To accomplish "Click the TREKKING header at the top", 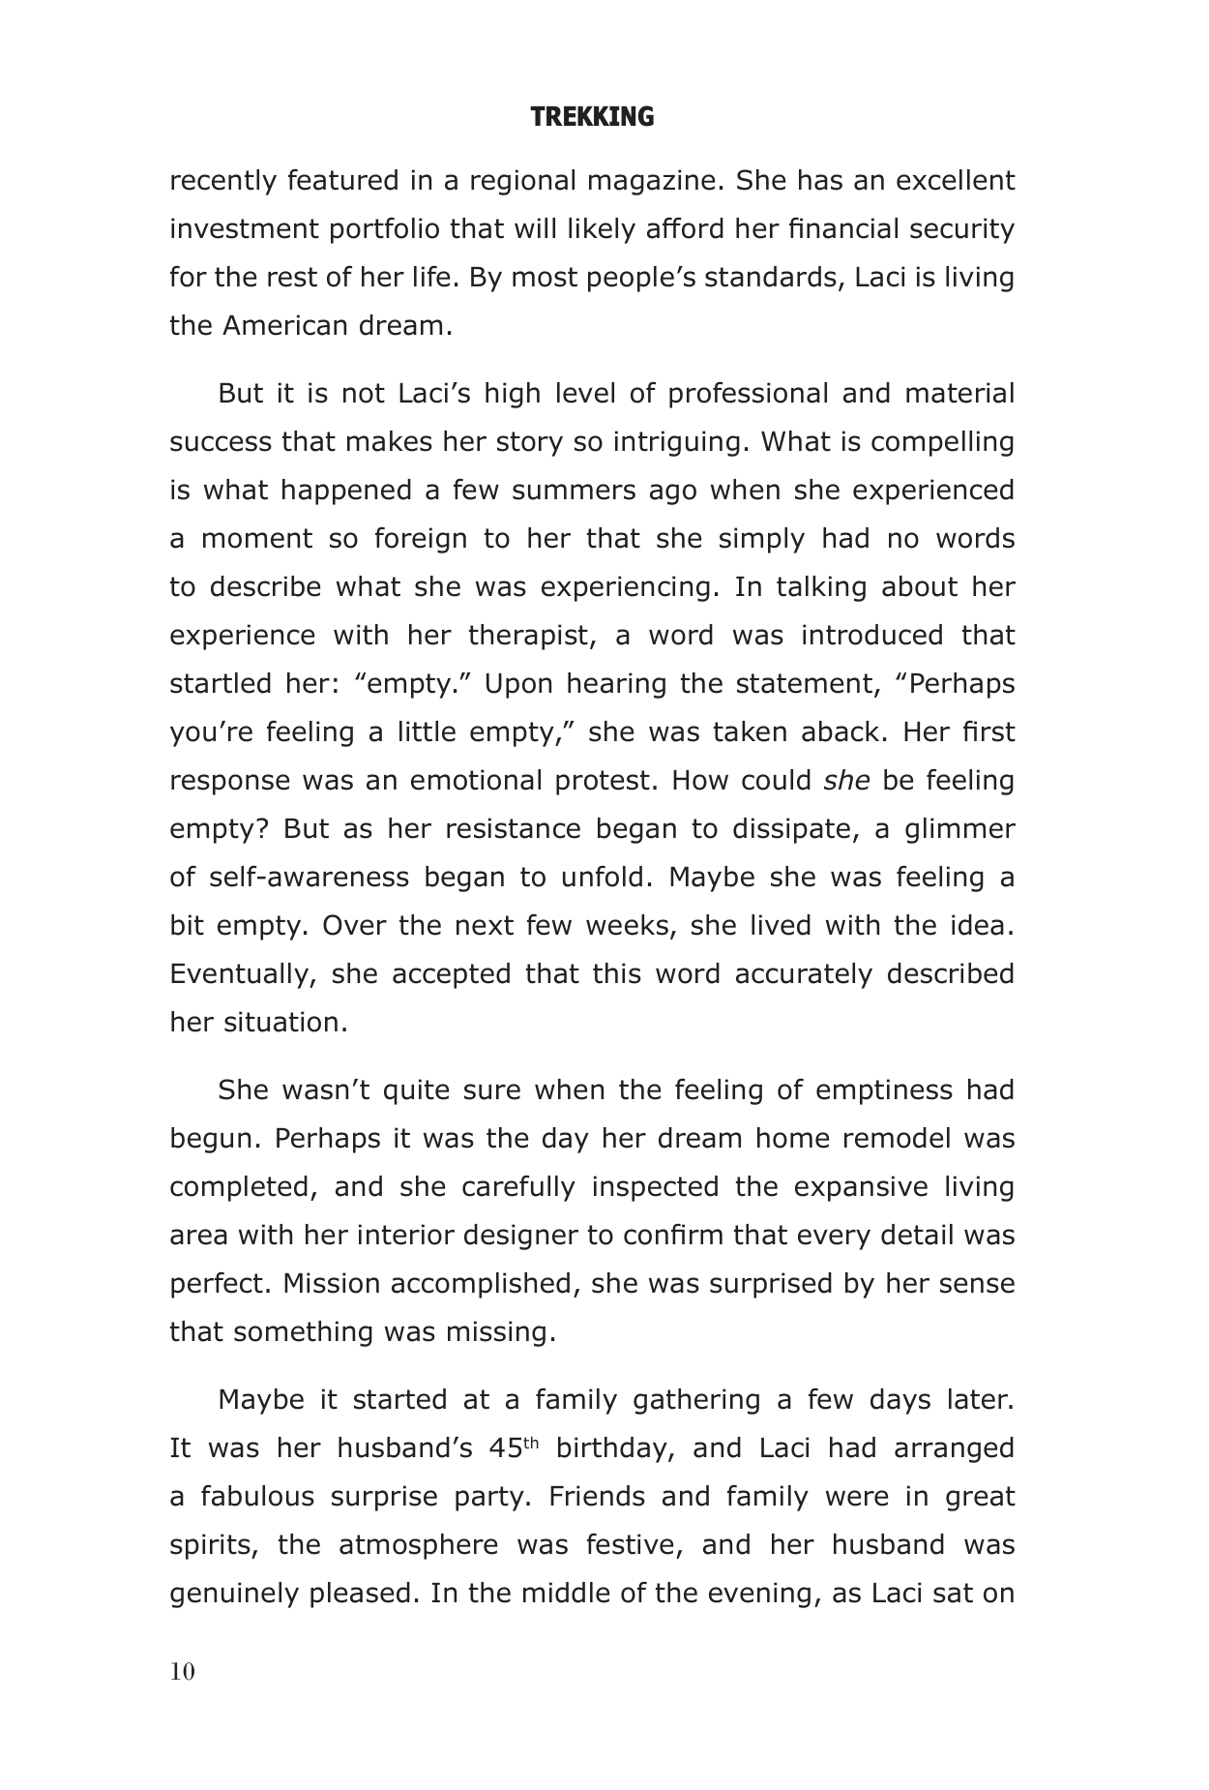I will (592, 118).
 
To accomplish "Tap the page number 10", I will (182, 1672).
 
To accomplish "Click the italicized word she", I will (846, 781).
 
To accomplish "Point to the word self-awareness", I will (309, 878).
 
